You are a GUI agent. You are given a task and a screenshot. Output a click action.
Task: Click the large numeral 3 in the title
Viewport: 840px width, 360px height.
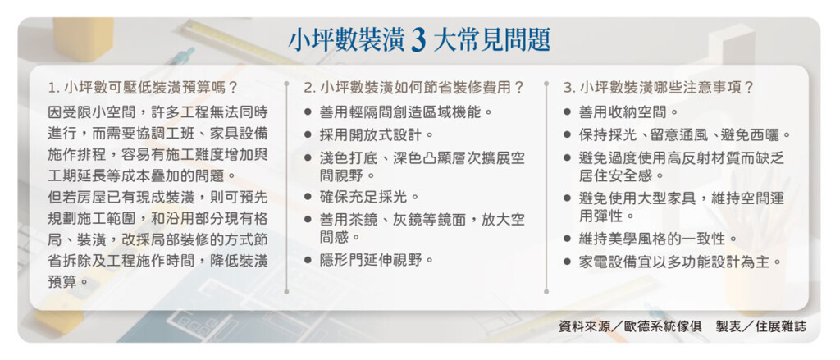419,41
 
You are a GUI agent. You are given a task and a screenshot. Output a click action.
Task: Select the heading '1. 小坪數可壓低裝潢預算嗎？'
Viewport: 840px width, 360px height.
142,87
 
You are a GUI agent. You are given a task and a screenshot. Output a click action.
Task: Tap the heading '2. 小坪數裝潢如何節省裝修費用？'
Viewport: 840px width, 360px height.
413,87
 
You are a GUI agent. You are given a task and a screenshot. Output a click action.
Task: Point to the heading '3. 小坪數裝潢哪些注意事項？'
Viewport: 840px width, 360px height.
659,87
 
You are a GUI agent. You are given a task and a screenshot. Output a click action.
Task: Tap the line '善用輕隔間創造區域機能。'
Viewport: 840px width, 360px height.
405,112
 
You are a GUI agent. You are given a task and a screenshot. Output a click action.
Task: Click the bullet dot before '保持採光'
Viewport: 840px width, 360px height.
568,134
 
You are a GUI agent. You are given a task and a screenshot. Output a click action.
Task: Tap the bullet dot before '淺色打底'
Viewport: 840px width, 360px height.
308,158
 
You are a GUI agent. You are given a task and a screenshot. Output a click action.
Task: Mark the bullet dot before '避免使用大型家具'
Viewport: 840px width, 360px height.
568,200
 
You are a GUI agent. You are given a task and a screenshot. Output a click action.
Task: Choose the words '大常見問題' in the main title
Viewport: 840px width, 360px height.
491,41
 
